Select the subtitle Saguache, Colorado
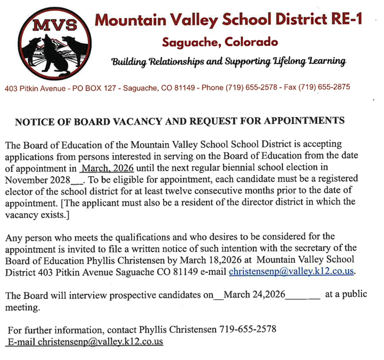(x=220, y=41)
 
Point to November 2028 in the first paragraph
(x=38, y=179)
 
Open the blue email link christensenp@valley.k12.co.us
(x=292, y=271)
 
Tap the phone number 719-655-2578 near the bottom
(x=248, y=330)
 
